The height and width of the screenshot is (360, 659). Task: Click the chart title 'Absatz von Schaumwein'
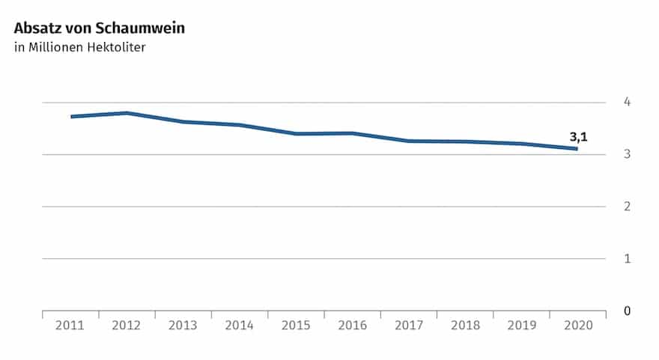99,29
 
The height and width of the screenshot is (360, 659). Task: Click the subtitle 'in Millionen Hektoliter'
79,49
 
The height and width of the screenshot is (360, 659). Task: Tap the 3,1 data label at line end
578,137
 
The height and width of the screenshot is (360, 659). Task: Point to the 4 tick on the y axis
628,102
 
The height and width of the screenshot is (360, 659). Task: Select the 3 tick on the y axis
628,154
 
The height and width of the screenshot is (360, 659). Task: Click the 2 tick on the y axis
628,207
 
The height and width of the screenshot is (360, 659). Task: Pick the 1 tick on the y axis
628,259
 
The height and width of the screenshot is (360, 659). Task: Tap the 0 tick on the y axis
628,311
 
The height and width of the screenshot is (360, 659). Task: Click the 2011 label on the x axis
70,326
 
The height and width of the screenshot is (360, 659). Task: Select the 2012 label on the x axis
127,326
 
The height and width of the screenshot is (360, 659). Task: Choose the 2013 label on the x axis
183,326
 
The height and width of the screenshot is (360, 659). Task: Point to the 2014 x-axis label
240,326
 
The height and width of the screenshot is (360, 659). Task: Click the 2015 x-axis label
296,326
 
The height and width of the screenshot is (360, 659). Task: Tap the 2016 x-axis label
352,326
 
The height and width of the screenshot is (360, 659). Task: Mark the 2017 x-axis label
408,326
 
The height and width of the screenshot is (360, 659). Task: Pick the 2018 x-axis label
464,326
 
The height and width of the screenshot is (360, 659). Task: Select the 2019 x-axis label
521,326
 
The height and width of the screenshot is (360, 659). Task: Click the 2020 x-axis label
577,326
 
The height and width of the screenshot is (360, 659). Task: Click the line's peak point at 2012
127,113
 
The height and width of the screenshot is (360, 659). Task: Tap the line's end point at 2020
577,149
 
